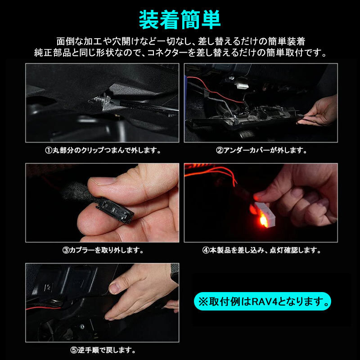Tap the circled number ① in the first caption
coord(49,150)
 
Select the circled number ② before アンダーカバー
coord(220,150)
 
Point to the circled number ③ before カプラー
coord(66,250)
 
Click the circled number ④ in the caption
coord(206,250)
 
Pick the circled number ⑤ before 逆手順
coord(74,350)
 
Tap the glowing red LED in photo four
coord(262,220)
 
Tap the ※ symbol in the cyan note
coord(203,301)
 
